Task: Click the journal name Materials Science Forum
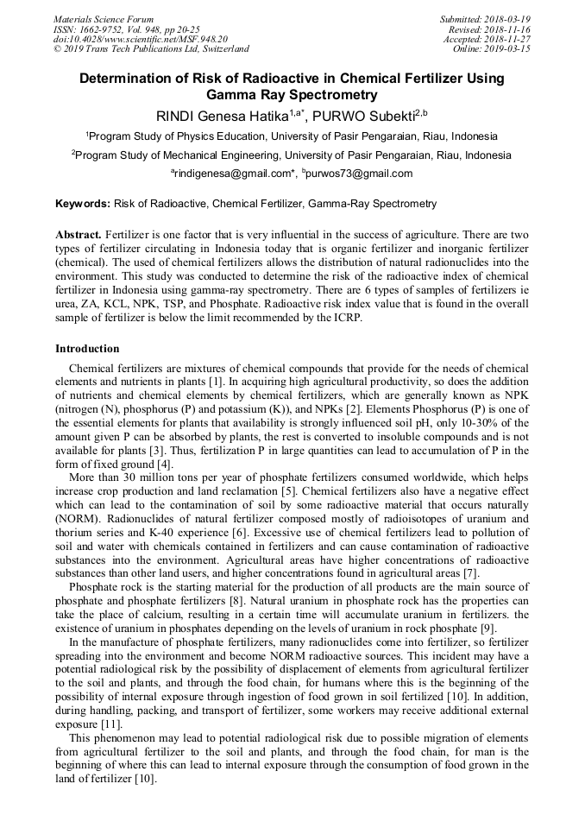(104, 19)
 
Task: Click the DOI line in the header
(140, 39)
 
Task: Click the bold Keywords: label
(83, 205)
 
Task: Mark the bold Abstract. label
(79, 235)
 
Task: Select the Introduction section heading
(87, 349)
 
